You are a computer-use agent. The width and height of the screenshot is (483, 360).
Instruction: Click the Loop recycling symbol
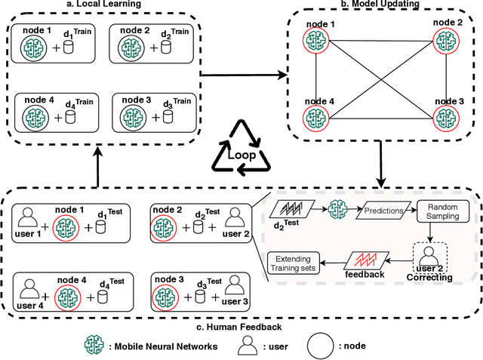(x=241, y=147)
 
